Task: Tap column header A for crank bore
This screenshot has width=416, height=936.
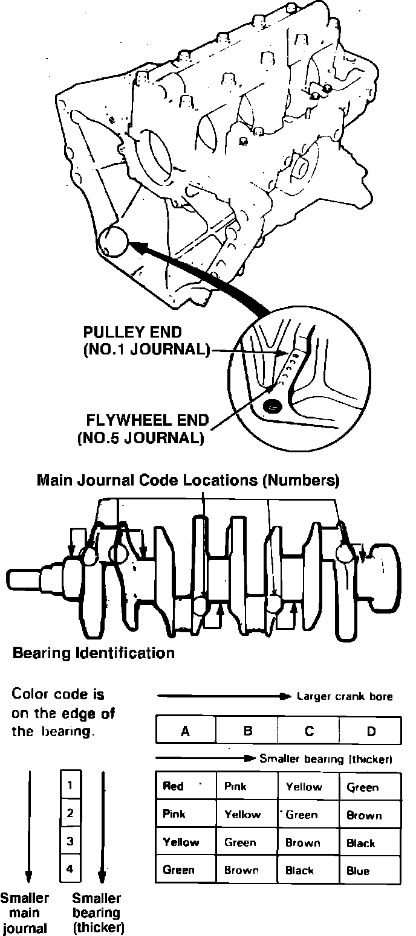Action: (x=186, y=731)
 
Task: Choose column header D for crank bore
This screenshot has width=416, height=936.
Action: (x=371, y=731)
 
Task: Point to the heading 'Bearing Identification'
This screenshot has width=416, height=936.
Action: (x=94, y=653)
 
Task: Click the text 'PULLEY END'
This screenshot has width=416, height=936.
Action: (x=132, y=333)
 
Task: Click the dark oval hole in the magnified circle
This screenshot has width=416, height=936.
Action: (x=272, y=405)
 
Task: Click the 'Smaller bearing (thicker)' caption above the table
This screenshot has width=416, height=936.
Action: (x=326, y=758)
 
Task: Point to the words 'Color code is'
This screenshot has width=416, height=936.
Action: (x=58, y=694)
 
